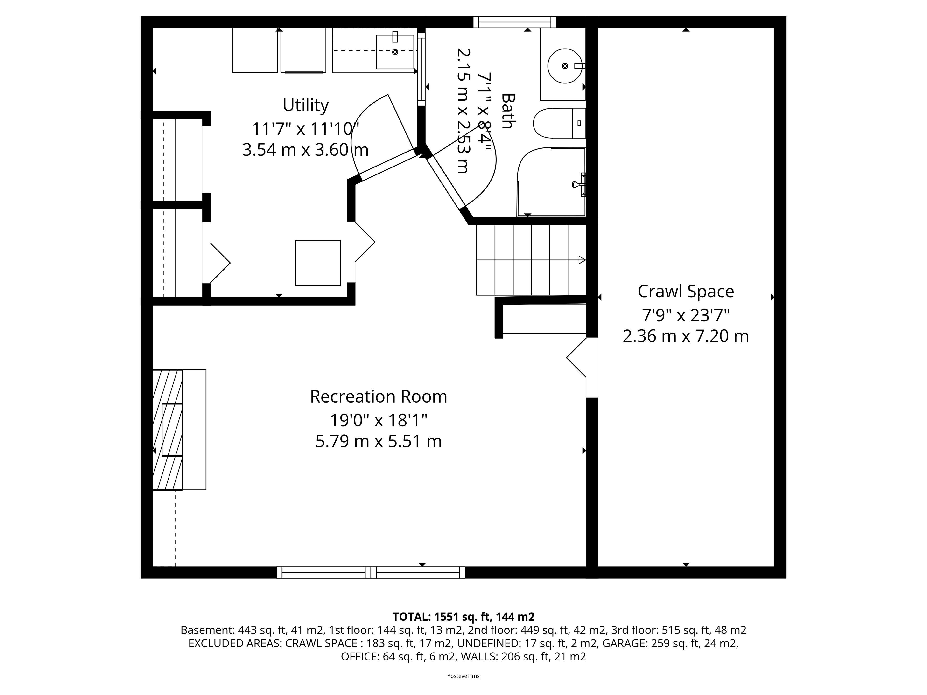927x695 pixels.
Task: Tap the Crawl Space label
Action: coord(686,292)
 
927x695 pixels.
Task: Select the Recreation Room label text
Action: coord(379,396)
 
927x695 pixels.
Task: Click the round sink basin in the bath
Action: coord(565,66)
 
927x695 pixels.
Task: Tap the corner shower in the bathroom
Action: coord(551,182)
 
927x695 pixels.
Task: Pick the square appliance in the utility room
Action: coord(318,263)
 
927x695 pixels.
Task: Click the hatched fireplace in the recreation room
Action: coord(168,429)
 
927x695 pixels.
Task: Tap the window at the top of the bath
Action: coord(515,22)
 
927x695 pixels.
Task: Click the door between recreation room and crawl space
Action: coord(582,367)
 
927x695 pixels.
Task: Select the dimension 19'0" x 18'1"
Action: coord(379,419)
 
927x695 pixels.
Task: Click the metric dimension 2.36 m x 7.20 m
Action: coord(686,336)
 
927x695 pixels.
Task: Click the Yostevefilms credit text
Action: coord(463,676)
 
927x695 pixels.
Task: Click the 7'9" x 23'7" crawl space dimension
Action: coord(686,315)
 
